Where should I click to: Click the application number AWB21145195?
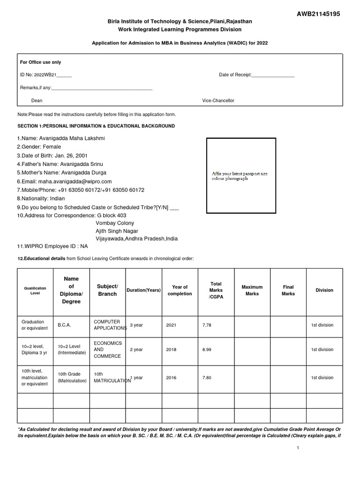(318, 14)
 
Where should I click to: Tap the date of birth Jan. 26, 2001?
(71, 156)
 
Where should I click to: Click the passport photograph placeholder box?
(241, 176)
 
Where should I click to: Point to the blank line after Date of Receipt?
(273, 75)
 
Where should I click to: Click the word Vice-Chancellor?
(218, 101)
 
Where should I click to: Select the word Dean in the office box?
(37, 101)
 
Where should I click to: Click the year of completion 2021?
(172, 325)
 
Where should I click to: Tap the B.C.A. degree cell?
(64, 325)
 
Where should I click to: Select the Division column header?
(324, 290)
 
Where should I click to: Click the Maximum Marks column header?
(252, 290)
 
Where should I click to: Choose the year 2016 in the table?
(172, 378)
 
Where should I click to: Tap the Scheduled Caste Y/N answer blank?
(174, 208)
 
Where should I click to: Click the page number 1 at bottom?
(298, 448)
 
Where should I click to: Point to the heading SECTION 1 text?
(96, 126)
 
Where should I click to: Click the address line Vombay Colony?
(115, 223)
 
